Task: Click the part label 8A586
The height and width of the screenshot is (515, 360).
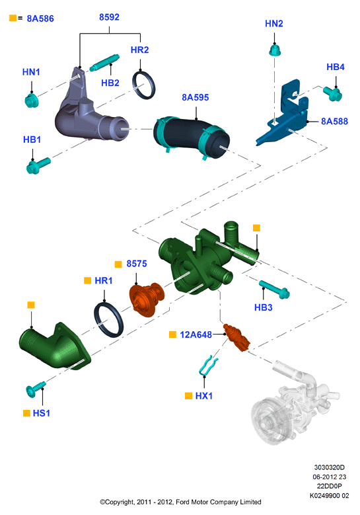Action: coord(40,19)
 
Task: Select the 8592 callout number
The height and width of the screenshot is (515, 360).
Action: coord(109,17)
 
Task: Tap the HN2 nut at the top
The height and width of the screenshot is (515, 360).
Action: coord(275,50)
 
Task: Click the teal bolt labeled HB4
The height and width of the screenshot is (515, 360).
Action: coord(333,94)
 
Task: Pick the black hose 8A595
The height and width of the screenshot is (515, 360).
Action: coord(192,136)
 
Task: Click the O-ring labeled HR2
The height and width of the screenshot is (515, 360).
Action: coord(144,85)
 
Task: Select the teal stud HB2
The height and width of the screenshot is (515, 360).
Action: coord(104,63)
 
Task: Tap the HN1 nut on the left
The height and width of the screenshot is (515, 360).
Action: coord(32,100)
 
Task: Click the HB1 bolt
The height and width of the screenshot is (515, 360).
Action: coord(38,165)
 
